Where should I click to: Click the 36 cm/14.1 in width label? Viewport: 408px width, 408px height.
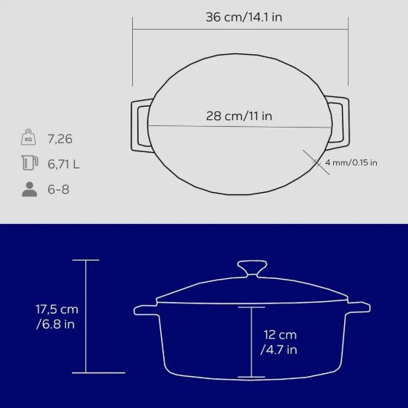pos(244,17)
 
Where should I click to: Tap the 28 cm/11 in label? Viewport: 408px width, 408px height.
pos(239,116)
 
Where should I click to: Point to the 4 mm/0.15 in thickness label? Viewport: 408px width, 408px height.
pos(351,162)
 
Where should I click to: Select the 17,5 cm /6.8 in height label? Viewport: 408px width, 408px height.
pos(56,317)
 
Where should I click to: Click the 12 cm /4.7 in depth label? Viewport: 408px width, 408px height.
pos(280,342)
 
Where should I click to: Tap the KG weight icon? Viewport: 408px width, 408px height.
pos(28,137)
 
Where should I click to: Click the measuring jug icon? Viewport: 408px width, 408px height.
pos(30,162)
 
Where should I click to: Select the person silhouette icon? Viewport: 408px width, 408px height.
pos(30,189)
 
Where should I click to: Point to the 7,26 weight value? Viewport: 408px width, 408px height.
pos(60,139)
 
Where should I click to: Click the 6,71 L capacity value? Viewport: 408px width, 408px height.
pos(63,164)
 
